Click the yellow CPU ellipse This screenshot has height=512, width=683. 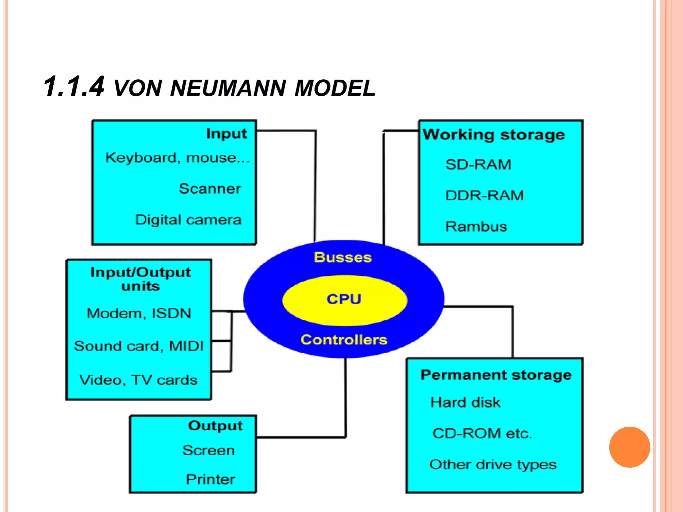pyautogui.click(x=344, y=300)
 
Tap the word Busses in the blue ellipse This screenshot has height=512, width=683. pyautogui.click(x=343, y=257)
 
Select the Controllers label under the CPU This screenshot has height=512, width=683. pyautogui.click(x=344, y=340)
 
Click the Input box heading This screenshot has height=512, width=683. pyautogui.click(x=226, y=133)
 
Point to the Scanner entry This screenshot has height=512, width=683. pyautogui.click(x=210, y=189)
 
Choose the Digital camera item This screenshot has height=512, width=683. pyautogui.click(x=188, y=220)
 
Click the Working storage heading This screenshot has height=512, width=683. pyautogui.click(x=494, y=135)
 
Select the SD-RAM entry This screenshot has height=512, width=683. pyautogui.click(x=478, y=164)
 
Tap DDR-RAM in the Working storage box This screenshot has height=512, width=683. pyautogui.click(x=485, y=195)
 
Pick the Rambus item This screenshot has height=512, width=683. pyautogui.click(x=476, y=227)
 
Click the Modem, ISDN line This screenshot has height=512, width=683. pyautogui.click(x=139, y=313)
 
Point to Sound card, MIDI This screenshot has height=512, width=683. pyautogui.click(x=139, y=346)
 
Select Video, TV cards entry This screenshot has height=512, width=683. pyautogui.click(x=138, y=380)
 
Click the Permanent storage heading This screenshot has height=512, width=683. pyautogui.click(x=496, y=375)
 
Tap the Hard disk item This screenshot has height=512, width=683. pyautogui.click(x=465, y=403)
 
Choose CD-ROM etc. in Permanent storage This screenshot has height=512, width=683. pyautogui.click(x=482, y=433)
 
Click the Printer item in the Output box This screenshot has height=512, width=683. pyautogui.click(x=210, y=479)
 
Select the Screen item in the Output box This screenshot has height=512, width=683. pyautogui.click(x=209, y=450)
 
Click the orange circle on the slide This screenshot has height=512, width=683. pyautogui.click(x=629, y=447)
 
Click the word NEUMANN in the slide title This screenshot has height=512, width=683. pyautogui.click(x=228, y=88)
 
